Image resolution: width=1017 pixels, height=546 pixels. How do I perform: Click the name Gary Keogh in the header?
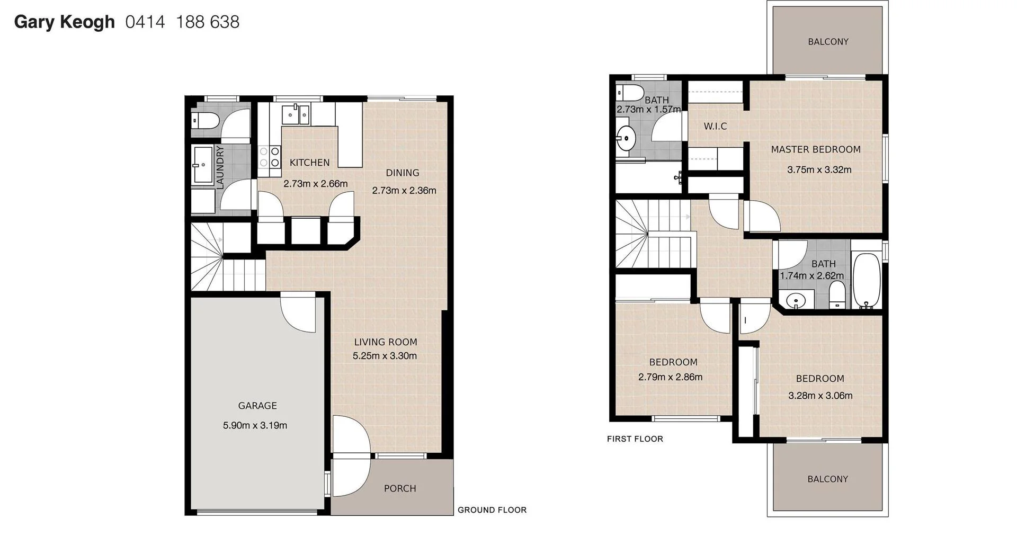[x=64, y=22]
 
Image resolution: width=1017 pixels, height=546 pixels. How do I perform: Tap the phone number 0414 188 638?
[x=182, y=22]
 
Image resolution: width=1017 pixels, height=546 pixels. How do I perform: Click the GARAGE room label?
[x=257, y=406]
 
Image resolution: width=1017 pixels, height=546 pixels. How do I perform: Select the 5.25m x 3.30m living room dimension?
[x=385, y=356]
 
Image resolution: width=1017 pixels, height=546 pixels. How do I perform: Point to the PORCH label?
[x=400, y=488]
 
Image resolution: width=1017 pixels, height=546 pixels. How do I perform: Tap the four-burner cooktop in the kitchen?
[x=269, y=157]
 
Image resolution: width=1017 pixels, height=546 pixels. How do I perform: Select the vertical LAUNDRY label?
[x=220, y=167]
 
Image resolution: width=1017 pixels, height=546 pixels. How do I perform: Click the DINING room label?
[x=403, y=173]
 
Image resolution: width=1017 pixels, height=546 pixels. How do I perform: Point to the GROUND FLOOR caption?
[x=492, y=510]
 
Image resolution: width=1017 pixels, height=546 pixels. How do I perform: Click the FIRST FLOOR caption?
[x=635, y=438]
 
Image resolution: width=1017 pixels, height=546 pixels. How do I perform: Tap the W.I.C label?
[x=715, y=126]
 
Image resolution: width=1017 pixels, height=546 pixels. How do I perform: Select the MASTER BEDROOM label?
[x=816, y=149]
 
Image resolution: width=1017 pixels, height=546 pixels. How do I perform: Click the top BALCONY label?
[x=828, y=41]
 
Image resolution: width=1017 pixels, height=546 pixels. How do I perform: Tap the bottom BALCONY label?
[x=827, y=479]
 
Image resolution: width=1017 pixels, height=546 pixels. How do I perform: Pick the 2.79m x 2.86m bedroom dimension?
[x=670, y=377]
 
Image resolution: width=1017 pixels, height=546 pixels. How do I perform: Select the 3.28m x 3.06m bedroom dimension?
[x=820, y=395]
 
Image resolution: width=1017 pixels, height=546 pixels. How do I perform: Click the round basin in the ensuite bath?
[x=627, y=139]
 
